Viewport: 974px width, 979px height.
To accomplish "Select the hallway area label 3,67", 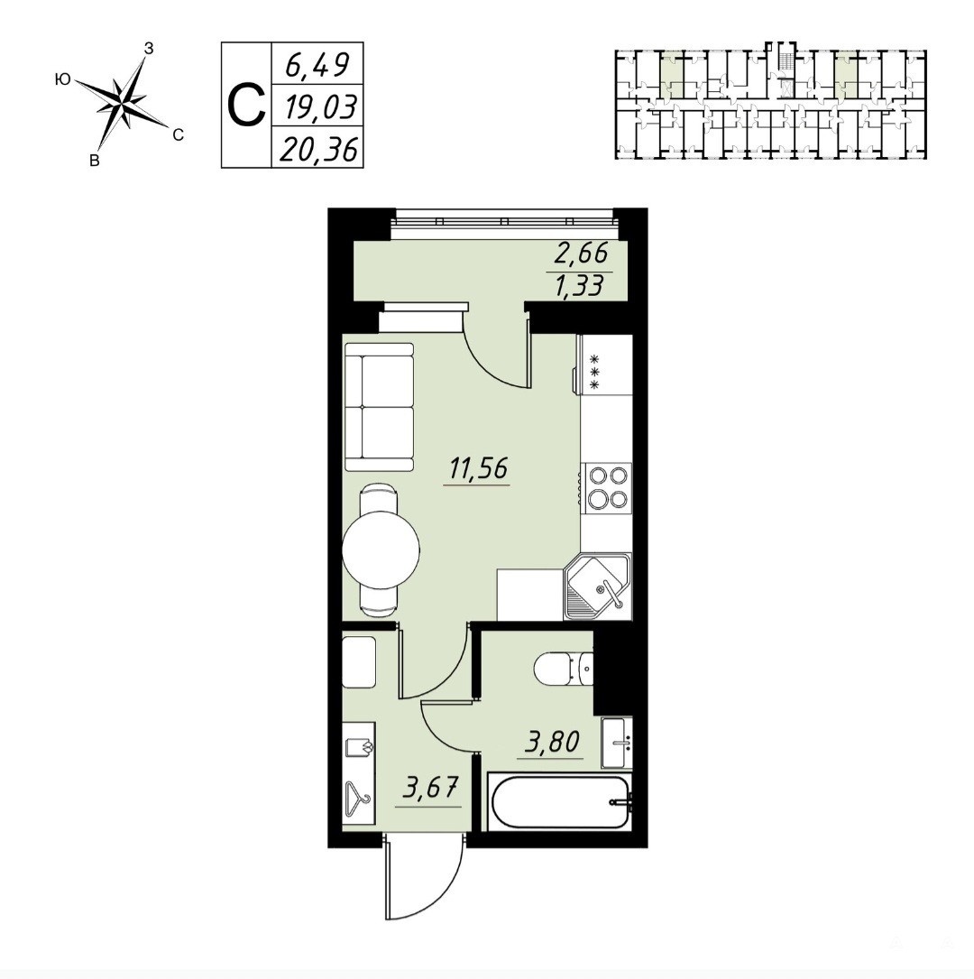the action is pyautogui.click(x=430, y=789).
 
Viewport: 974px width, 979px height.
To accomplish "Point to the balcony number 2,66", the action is pyautogui.click(x=580, y=254).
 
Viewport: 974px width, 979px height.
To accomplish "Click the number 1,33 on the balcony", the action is pyautogui.click(x=580, y=285).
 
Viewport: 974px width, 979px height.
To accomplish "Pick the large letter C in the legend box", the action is pyautogui.click(x=246, y=106).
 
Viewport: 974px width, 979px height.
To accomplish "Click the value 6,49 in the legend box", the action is pyautogui.click(x=317, y=64).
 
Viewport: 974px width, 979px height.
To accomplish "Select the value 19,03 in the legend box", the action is pyautogui.click(x=319, y=106).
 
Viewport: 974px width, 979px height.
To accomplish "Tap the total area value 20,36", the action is pyautogui.click(x=319, y=149).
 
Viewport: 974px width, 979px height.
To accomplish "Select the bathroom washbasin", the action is pyautogui.click(x=617, y=743).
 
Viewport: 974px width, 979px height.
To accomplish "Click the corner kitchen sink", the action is pyautogui.click(x=597, y=586).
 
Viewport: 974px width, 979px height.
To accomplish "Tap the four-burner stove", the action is pyautogui.click(x=606, y=487).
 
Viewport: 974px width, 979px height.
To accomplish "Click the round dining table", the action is pyautogui.click(x=381, y=550).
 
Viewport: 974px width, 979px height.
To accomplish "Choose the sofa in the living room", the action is pyautogui.click(x=380, y=407).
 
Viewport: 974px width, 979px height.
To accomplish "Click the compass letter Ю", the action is pyautogui.click(x=62, y=79).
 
